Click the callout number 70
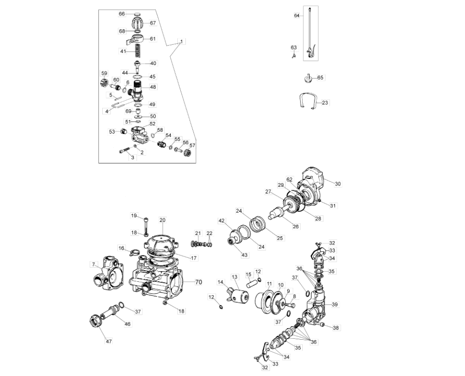198,282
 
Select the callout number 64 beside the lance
297,16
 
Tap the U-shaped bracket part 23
307,101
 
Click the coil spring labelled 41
138,51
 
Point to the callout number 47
109,341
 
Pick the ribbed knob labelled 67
138,23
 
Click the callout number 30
338,183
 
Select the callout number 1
181,42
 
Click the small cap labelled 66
137,14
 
